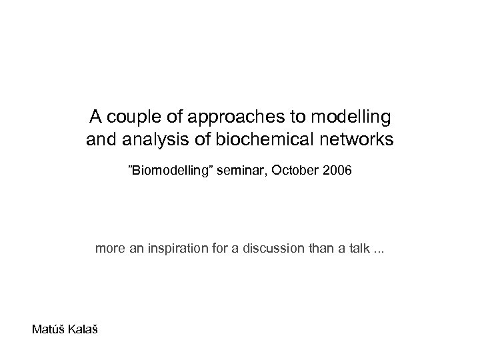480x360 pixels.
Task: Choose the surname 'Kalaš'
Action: click(x=82, y=329)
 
